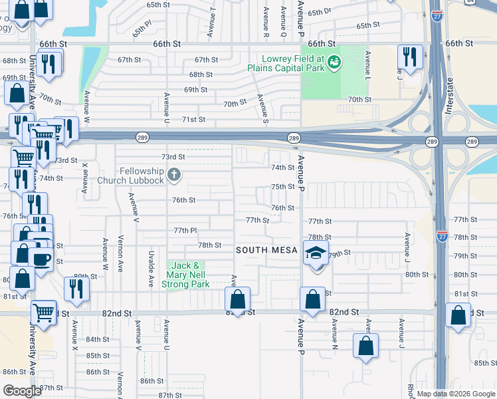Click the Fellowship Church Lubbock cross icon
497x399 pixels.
click(x=174, y=176)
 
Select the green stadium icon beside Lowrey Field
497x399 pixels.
click(x=334, y=63)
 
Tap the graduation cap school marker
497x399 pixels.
click(x=316, y=253)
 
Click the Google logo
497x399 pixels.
click(x=22, y=390)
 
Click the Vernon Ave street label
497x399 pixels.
click(x=120, y=253)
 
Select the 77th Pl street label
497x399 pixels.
click(x=185, y=230)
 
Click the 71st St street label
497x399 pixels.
click(x=193, y=120)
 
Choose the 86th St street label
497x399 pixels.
click(x=151, y=381)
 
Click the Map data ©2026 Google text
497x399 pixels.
click(x=454, y=394)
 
